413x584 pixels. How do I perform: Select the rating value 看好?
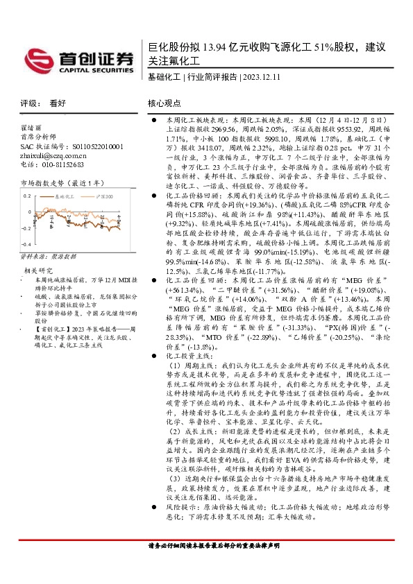tap(57, 103)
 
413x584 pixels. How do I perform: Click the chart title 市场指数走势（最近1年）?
tap(62, 182)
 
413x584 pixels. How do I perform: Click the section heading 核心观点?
tap(164, 103)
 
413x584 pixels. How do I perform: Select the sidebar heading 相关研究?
tap(38, 270)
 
